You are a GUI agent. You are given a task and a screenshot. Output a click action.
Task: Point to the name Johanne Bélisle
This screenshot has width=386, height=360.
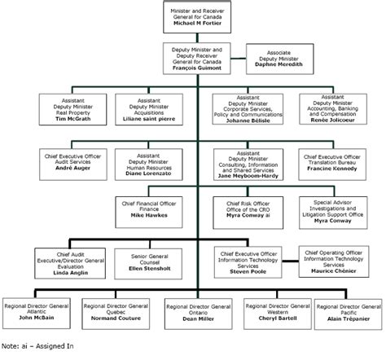(x=248, y=119)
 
